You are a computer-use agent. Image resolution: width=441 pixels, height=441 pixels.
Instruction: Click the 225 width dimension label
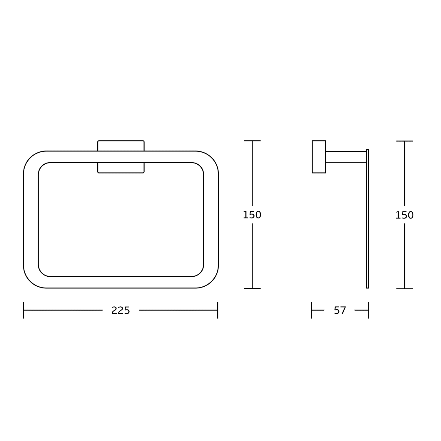point(121,310)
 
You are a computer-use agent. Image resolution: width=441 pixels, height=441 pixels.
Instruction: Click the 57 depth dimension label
point(340,310)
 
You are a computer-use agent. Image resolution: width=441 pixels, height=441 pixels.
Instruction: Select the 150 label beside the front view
point(252,215)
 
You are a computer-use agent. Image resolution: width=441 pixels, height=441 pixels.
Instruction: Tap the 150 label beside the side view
point(405,215)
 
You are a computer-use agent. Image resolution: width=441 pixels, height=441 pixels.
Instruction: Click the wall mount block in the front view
point(121,157)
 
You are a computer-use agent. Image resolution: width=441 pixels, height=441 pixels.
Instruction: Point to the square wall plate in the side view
point(319,157)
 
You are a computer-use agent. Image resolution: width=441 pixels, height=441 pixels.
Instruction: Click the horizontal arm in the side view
point(346,157)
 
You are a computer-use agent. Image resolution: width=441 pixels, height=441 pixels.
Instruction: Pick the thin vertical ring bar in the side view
point(367,219)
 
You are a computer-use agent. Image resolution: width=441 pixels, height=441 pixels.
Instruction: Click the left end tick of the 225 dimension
point(24,310)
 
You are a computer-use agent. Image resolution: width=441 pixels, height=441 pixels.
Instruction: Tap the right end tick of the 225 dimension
point(218,310)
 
